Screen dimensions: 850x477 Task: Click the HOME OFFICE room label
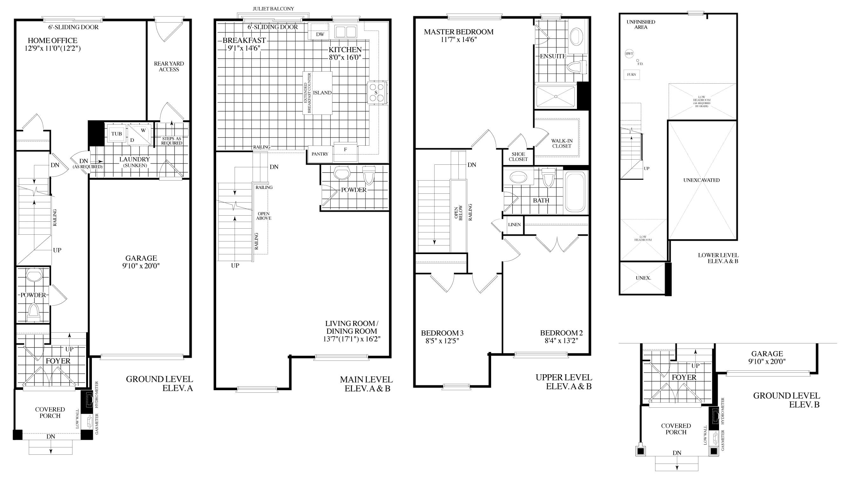click(52, 41)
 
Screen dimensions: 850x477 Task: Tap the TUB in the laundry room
click(116, 134)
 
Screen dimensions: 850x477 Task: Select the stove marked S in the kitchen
click(376, 93)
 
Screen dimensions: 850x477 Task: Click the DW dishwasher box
click(320, 34)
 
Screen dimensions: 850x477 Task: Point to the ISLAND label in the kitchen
click(322, 93)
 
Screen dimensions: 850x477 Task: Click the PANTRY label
click(320, 154)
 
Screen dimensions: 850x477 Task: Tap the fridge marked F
click(346, 149)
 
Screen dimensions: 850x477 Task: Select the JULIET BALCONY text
click(273, 9)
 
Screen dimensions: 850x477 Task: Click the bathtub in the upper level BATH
click(575, 192)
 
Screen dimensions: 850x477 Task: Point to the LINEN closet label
click(514, 225)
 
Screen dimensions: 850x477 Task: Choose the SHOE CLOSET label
click(518, 156)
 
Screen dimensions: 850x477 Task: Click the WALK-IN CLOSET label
click(562, 143)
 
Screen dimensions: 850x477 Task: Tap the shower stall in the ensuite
click(556, 97)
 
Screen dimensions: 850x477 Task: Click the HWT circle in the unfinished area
click(629, 54)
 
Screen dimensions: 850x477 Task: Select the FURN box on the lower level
click(632, 75)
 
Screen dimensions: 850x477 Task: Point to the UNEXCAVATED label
click(702, 180)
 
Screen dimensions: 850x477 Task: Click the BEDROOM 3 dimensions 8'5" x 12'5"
click(442, 341)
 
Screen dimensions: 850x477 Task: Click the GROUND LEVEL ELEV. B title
click(786, 400)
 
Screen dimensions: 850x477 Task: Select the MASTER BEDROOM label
click(459, 32)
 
